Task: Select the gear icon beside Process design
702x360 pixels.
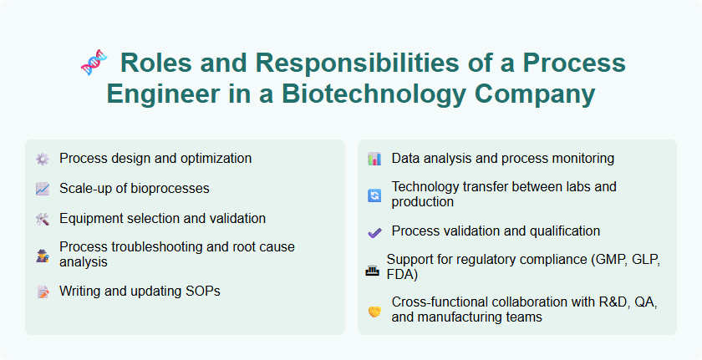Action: coord(43,159)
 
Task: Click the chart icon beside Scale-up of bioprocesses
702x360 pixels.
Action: coord(43,189)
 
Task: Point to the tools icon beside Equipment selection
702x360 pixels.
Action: coord(43,219)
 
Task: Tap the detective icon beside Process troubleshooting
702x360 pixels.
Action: coord(43,255)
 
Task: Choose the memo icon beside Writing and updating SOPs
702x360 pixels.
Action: coord(43,292)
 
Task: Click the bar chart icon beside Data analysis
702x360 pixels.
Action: coord(374,159)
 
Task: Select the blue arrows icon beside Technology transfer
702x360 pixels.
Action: coord(374,195)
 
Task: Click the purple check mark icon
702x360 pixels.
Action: coord(374,231)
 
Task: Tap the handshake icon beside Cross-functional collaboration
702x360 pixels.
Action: coord(374,311)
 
